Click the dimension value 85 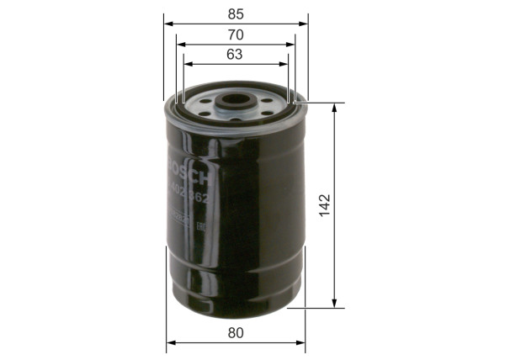click(235, 14)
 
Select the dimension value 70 click(235, 34)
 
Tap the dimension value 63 click(235, 55)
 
